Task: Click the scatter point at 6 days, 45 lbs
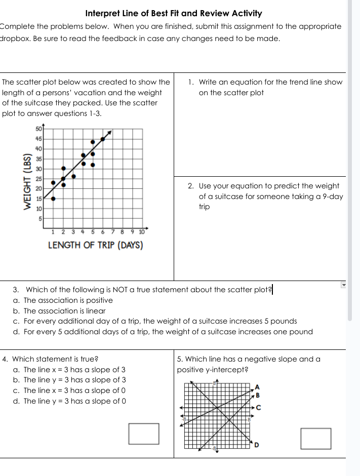(x=103, y=138)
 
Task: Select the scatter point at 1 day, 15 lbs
(x=53, y=199)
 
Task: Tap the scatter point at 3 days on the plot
(x=73, y=176)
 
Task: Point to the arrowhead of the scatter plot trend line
(x=110, y=133)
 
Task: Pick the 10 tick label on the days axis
(x=141, y=232)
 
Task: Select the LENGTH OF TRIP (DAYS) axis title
(x=95, y=246)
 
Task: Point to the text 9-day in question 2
(x=332, y=196)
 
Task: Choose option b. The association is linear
(x=59, y=311)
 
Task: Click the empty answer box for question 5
(x=316, y=439)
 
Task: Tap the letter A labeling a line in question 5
(x=257, y=387)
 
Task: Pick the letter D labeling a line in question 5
(x=257, y=445)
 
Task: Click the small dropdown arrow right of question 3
(x=343, y=286)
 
